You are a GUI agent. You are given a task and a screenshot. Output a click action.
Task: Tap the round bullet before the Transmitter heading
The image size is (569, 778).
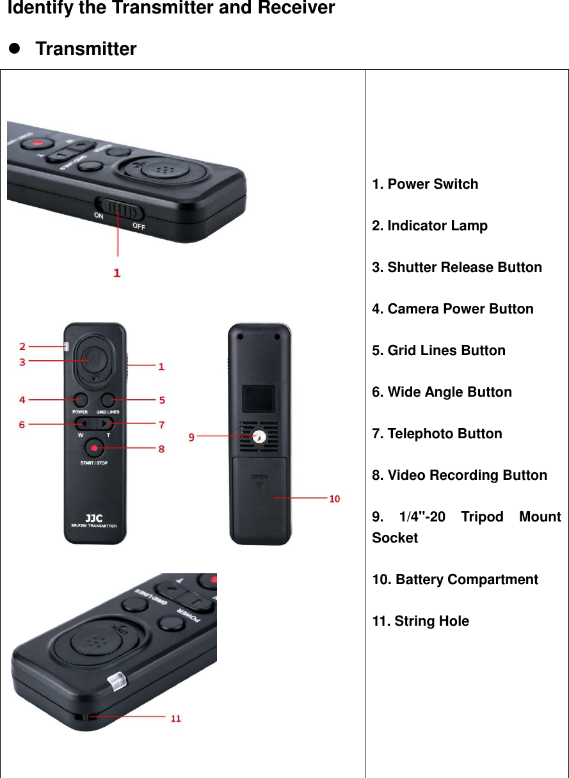pos(14,49)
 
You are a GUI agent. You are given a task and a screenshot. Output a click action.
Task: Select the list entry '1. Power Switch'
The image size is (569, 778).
pos(425,184)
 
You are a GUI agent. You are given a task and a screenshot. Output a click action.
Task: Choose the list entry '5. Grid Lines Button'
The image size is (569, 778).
pos(438,351)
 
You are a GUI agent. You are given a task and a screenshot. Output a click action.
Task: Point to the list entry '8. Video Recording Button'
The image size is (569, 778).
pos(460,475)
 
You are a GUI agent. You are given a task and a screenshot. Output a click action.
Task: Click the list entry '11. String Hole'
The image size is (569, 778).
pos(421,621)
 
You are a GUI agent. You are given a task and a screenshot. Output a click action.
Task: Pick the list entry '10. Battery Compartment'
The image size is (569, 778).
pos(455,580)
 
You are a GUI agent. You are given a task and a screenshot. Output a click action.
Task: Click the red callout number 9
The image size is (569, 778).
pos(191,437)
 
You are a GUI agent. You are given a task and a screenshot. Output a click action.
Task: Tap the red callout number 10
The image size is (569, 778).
pos(334,498)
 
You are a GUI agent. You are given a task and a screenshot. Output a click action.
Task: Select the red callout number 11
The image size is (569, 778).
pos(175,718)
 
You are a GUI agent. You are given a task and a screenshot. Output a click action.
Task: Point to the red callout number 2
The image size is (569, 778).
pos(22,346)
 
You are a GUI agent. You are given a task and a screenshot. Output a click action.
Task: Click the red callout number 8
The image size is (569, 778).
pos(161,449)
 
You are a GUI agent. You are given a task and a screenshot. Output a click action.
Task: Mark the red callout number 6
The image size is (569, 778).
pos(22,425)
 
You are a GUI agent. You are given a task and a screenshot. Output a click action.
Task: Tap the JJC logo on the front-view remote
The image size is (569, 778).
pos(93,518)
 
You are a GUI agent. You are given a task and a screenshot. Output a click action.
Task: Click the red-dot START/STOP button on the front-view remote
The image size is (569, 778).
pos(95,447)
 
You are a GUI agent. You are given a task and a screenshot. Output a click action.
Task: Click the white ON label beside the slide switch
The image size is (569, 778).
pos(99,216)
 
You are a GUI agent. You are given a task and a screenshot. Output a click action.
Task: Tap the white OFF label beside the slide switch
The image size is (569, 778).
pos(138,226)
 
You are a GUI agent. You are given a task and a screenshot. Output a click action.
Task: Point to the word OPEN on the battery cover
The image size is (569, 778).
pos(259,477)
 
